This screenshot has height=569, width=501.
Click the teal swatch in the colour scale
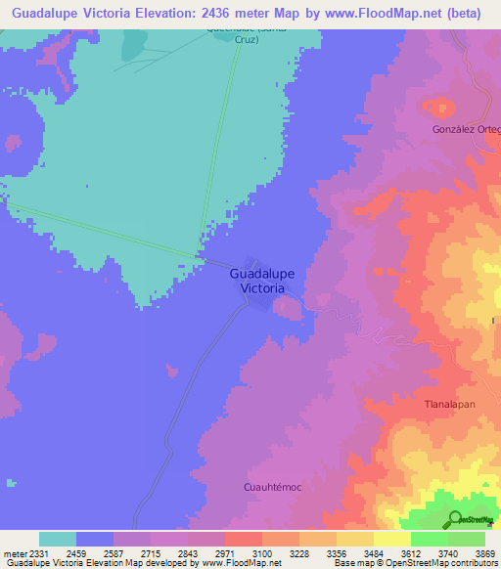(x=58, y=539)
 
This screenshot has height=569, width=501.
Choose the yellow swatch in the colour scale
(x=391, y=539)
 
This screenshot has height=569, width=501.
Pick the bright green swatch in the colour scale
(x=429, y=539)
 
